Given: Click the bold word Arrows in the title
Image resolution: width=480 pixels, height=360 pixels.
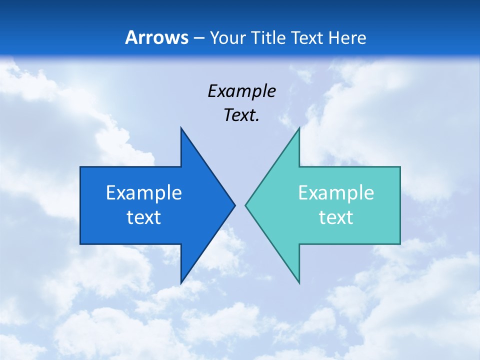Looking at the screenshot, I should [x=156, y=37].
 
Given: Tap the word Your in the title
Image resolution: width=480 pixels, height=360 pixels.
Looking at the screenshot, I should [x=225, y=38].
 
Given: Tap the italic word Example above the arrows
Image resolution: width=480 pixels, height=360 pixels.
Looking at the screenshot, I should [x=241, y=91].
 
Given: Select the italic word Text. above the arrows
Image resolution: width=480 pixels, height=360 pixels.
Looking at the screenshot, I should [x=241, y=115].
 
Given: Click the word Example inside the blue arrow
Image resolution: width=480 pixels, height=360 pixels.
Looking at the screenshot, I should [x=144, y=192].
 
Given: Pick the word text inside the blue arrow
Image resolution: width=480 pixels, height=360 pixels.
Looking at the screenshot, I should [x=144, y=217].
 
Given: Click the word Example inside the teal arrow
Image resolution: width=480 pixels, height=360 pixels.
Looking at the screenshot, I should [x=336, y=192].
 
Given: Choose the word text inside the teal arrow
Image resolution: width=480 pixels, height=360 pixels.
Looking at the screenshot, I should [x=336, y=217].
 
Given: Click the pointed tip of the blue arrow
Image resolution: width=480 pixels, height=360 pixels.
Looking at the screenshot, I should [x=234, y=205].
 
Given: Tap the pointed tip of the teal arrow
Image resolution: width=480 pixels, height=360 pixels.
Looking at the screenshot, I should [x=246, y=205].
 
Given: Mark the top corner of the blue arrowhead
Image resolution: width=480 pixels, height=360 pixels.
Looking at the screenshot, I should [x=181, y=128].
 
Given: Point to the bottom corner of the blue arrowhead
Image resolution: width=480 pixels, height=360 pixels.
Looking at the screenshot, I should [x=181, y=283].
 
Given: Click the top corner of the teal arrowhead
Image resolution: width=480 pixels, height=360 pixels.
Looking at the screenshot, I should [x=299, y=128].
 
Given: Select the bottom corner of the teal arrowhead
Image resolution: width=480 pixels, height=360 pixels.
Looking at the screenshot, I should [x=299, y=283].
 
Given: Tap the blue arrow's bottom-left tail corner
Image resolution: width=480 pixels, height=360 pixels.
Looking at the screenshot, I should [x=80, y=243].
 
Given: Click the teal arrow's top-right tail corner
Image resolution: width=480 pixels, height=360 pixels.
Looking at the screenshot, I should [x=400, y=167].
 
